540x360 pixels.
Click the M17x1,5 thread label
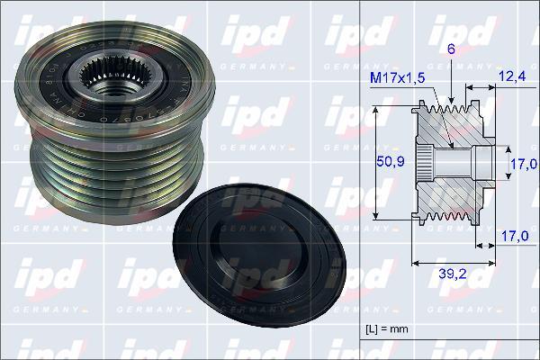397,79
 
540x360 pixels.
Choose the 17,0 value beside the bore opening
524,164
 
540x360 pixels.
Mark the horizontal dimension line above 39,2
452,264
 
